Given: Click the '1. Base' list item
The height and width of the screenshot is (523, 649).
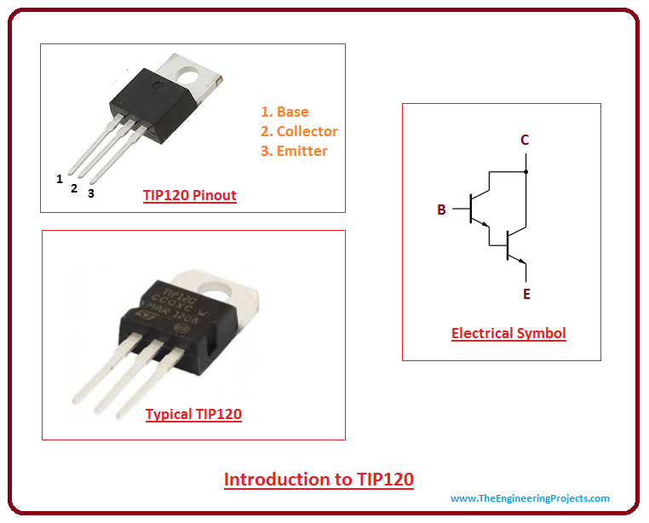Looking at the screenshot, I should tap(284, 112).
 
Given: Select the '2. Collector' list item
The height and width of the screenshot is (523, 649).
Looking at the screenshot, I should tap(299, 131).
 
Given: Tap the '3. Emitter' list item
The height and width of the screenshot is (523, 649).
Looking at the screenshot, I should tap(294, 151).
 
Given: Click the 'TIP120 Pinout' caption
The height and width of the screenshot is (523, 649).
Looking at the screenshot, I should tap(189, 195).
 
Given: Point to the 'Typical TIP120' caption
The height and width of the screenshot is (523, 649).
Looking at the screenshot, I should tap(193, 415).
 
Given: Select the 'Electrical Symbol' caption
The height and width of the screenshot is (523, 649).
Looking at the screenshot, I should tap(508, 333).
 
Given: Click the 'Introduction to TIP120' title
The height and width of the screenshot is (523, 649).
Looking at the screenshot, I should tap(319, 479).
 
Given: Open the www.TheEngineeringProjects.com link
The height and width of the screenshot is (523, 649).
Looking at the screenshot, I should tap(530, 498).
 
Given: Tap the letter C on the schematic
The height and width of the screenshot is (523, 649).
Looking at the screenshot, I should tap(526, 141).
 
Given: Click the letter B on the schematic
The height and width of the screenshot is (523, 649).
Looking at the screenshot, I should tap(441, 210).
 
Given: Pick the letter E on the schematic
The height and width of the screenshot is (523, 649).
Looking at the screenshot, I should tap(526, 294).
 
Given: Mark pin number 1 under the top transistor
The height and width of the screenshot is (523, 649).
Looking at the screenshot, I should tap(60, 179).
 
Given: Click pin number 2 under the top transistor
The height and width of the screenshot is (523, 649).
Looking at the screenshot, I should tap(74, 188).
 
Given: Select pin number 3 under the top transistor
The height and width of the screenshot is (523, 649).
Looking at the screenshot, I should tap(90, 193).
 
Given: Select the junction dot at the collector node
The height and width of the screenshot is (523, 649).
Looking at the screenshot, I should tap(526, 171).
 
